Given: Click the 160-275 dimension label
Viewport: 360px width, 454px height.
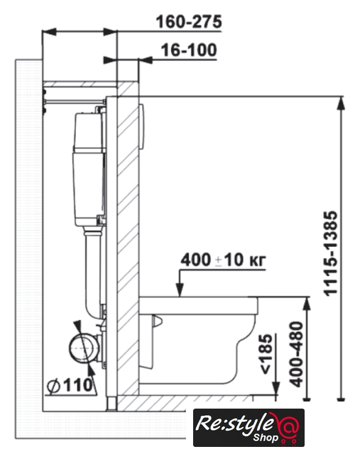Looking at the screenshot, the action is [189, 22].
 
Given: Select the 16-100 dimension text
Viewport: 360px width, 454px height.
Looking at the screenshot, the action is [189, 50].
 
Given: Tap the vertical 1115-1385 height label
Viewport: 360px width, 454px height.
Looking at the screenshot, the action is [331, 254].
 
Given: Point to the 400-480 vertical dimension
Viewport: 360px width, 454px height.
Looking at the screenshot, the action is [297, 354].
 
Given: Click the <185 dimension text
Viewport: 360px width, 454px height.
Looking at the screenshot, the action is [266, 354].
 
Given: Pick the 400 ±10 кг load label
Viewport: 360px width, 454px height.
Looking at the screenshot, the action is [223, 260].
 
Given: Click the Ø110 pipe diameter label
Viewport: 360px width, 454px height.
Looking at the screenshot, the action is [70, 385].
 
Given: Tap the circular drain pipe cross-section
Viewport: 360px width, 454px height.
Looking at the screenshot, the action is [82, 348].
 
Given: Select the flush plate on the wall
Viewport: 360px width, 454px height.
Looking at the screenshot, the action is [141, 126].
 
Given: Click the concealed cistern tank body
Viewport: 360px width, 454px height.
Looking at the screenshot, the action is [89, 169].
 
